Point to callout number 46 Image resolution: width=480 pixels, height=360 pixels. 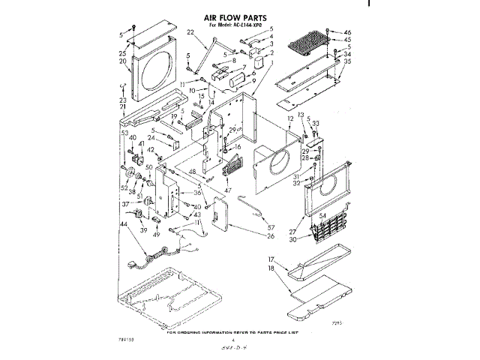click(346, 32)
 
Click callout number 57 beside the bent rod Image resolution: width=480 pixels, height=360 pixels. click(271, 226)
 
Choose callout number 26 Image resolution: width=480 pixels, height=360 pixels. click(270, 236)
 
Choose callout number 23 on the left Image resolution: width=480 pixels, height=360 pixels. click(122, 100)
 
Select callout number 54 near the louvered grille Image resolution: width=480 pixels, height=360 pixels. click(323, 216)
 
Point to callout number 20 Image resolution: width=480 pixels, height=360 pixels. click(122, 61)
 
